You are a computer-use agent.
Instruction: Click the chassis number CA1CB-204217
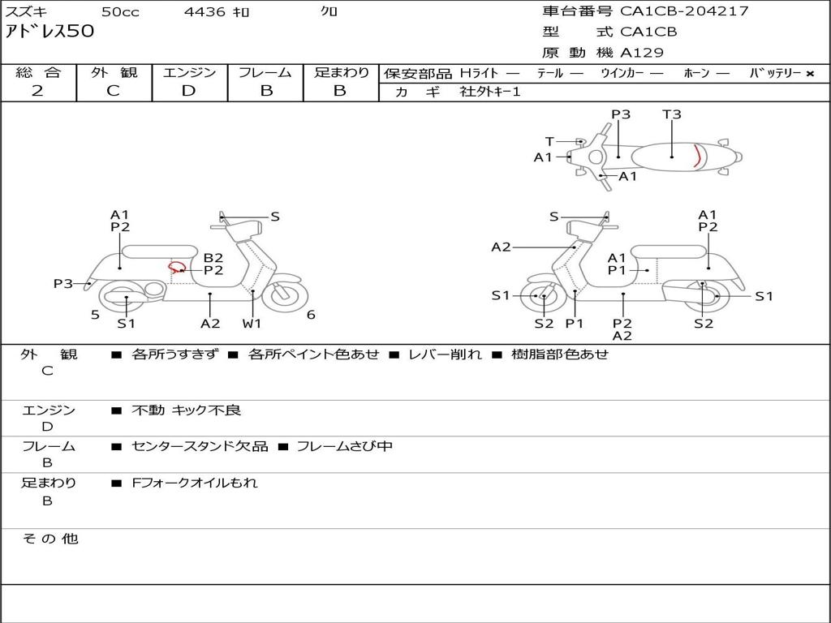tap(684, 11)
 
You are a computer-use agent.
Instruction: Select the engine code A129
tap(642, 53)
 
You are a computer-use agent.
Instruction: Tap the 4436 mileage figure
tap(205, 11)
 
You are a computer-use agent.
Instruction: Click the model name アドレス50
tap(50, 32)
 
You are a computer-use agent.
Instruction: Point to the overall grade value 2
tap(37, 91)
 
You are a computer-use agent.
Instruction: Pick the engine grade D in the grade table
tap(189, 91)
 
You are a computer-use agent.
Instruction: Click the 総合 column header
tap(38, 72)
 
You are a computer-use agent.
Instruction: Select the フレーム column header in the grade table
tap(265, 72)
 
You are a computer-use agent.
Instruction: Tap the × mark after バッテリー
tap(809, 73)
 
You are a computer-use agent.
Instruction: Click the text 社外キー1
tap(490, 92)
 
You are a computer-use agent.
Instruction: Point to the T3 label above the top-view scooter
tap(672, 114)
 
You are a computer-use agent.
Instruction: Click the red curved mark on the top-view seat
tap(697, 154)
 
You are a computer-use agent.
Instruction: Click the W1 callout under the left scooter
tap(252, 324)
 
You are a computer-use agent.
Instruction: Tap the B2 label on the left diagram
tap(213, 258)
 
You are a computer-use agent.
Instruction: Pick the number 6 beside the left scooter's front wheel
tap(311, 315)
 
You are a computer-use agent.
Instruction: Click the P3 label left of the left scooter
tap(63, 283)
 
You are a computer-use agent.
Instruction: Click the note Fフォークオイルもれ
tap(195, 483)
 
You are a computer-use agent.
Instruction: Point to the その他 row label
tap(50, 539)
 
